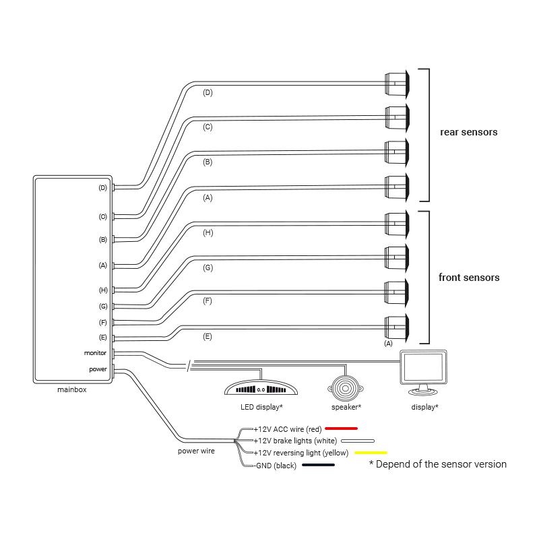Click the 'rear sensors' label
[468, 132]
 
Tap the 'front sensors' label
[469, 278]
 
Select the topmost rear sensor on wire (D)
[397, 82]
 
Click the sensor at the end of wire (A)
[397, 187]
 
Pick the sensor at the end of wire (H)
[397, 223]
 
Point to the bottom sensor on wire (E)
[397, 327]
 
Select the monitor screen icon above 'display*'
[424, 370]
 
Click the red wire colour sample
[341, 428]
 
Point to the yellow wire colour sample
[371, 452]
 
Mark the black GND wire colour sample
[319, 465]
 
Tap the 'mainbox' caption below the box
[71, 389]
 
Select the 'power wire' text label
[197, 451]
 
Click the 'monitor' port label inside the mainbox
[95, 352]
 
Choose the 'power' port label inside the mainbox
[98, 369]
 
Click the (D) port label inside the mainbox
[103, 188]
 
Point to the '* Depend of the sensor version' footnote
[437, 464]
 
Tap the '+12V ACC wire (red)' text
[287, 429]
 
